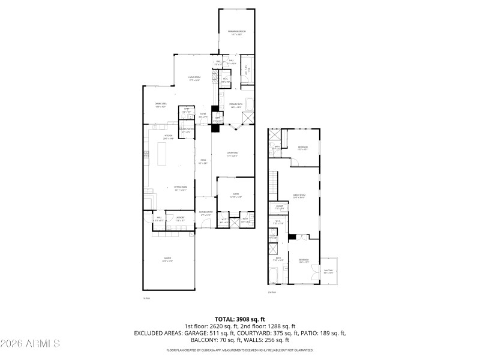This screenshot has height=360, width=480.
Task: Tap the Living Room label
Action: click(193, 78)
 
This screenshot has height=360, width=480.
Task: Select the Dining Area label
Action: click(160, 105)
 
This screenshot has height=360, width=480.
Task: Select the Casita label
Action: click(236, 195)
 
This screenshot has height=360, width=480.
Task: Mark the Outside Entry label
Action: click(206, 213)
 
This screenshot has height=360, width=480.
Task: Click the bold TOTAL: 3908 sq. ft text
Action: click(239, 319)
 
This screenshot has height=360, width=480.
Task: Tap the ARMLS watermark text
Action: click(30, 344)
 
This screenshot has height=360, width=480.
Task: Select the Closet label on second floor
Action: click(279, 208)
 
